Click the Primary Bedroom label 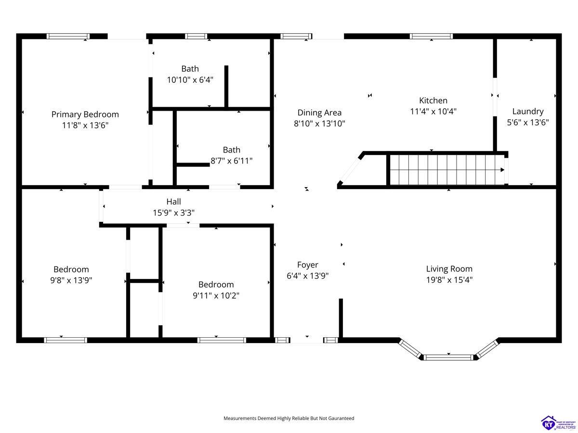pyautogui.click(x=85, y=115)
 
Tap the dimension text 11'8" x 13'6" pyautogui.click(x=85, y=125)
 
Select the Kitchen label pyautogui.click(x=433, y=101)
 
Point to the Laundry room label pyautogui.click(x=528, y=112)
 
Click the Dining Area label pyautogui.click(x=319, y=113)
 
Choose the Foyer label pyautogui.click(x=308, y=265)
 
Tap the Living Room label pyautogui.click(x=449, y=268)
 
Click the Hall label pyautogui.click(x=173, y=202)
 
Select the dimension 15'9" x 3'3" pyautogui.click(x=173, y=213)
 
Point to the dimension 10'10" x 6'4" pyautogui.click(x=190, y=80)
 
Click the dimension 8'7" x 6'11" pyautogui.click(x=232, y=161)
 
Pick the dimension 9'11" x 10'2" pyautogui.click(x=216, y=295)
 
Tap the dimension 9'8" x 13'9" pyautogui.click(x=71, y=280)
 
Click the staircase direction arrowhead pyautogui.click(x=502, y=170)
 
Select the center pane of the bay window pyautogui.click(x=449, y=357)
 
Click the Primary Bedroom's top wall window pyautogui.click(x=68, y=36)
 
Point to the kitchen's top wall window pyautogui.click(x=431, y=36)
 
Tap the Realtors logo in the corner pyautogui.click(x=558, y=423)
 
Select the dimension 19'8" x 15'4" pyautogui.click(x=449, y=280)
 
